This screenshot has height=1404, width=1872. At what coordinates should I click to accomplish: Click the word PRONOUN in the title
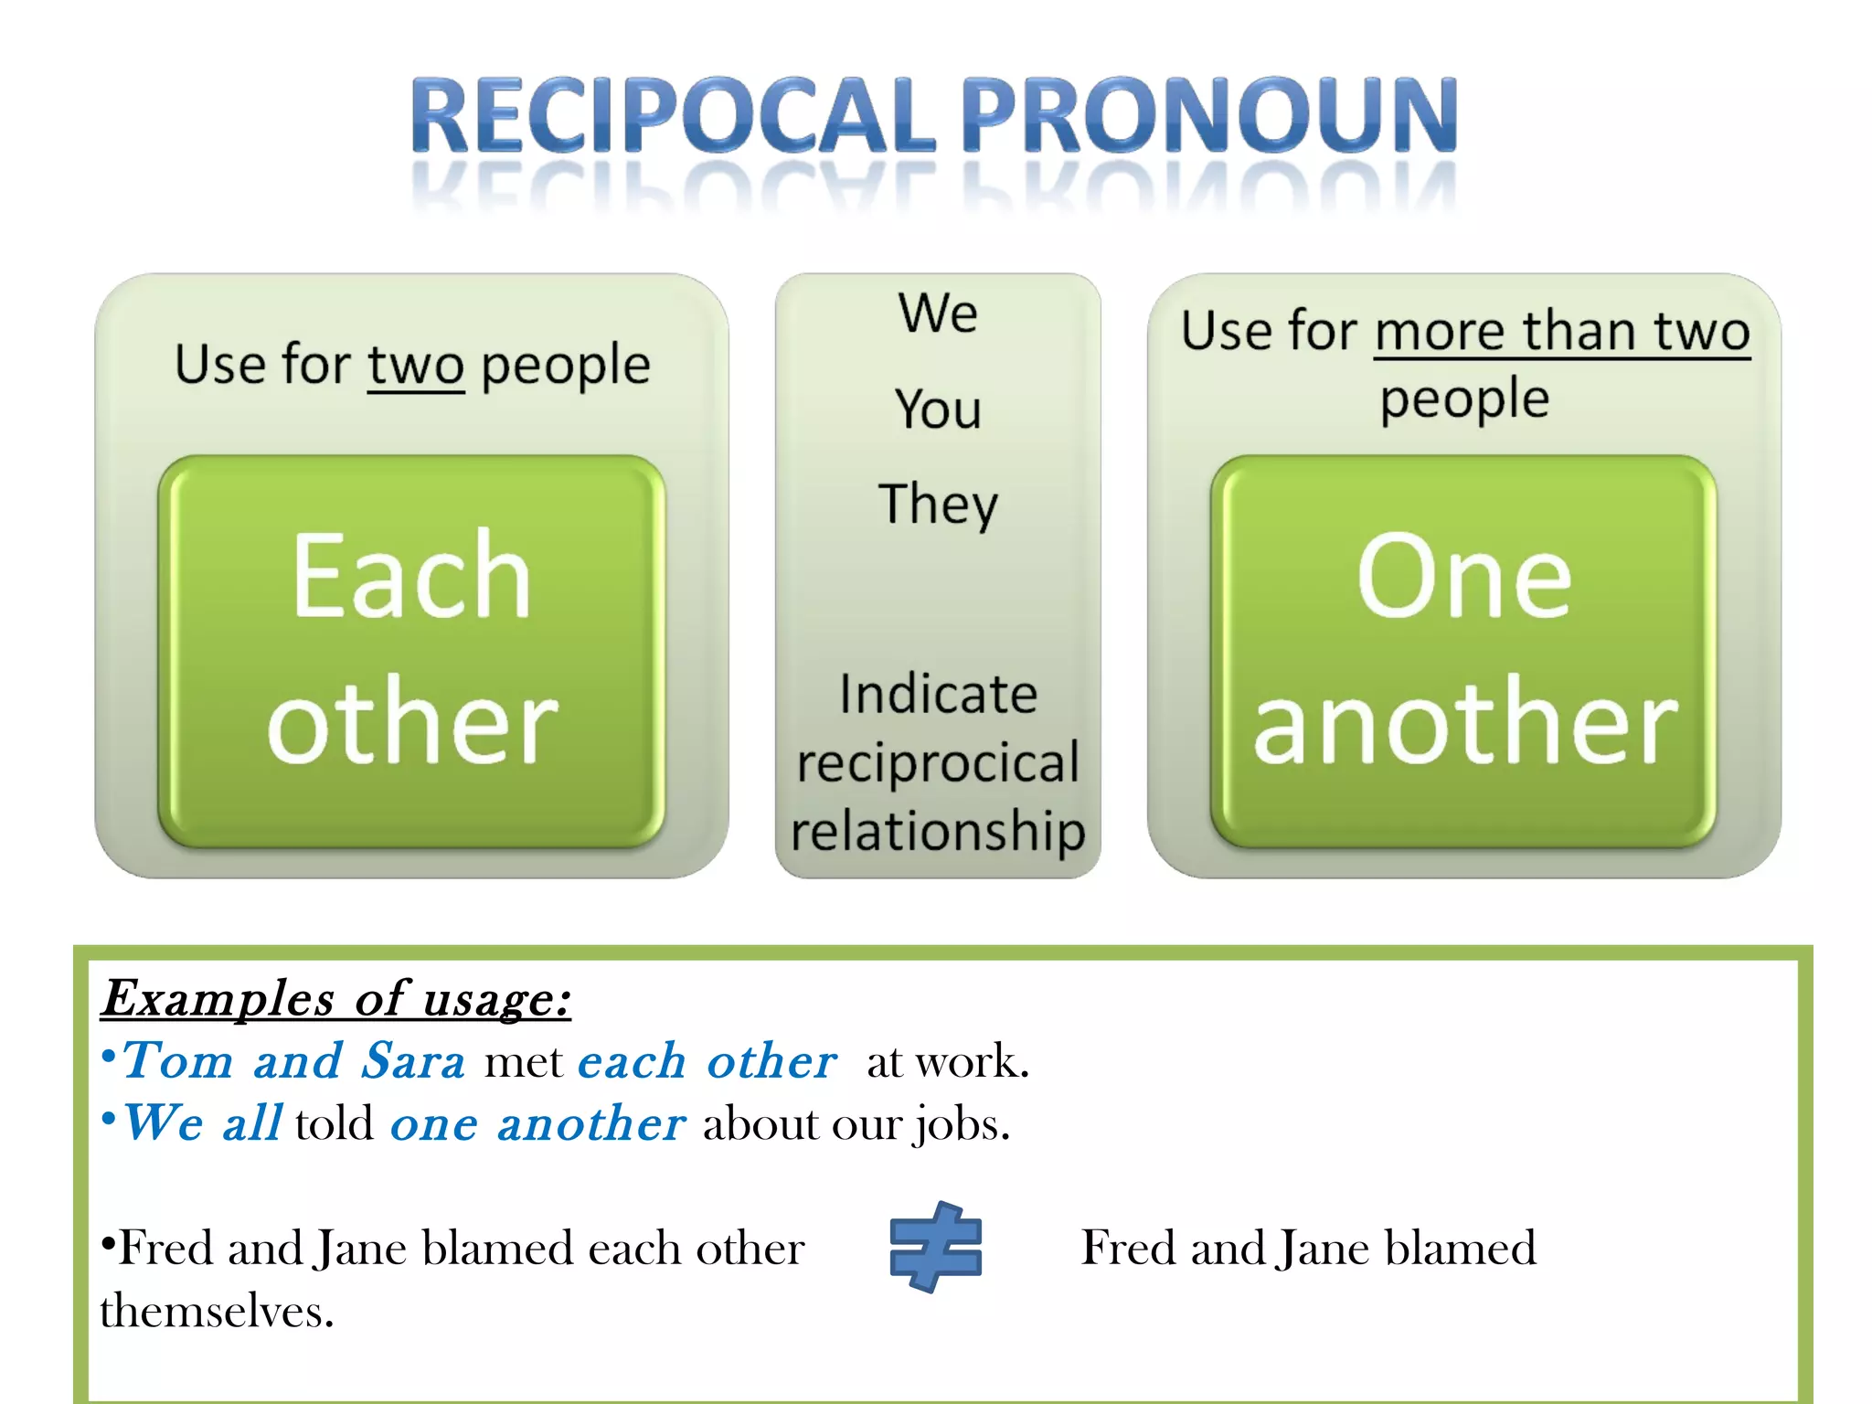click(x=1208, y=115)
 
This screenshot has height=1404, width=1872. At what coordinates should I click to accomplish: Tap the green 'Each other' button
click(x=411, y=651)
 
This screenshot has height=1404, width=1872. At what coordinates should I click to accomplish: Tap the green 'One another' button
click(x=1463, y=651)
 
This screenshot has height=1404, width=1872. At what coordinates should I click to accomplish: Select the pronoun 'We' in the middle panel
click(x=938, y=314)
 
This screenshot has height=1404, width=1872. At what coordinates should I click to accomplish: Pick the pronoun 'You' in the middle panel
click(x=938, y=409)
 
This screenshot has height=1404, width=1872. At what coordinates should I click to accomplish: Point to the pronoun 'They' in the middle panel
click(x=938, y=505)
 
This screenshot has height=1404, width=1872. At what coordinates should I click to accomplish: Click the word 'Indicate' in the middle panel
click(x=938, y=694)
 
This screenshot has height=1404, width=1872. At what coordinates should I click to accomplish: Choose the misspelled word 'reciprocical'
click(x=938, y=762)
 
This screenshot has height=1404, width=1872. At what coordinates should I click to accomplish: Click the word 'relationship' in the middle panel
click(x=938, y=830)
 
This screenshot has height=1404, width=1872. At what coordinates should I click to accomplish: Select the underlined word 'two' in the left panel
click(x=416, y=366)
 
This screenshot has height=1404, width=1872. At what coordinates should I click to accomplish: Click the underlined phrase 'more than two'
click(x=1561, y=331)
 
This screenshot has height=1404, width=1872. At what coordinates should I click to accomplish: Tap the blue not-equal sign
click(x=935, y=1247)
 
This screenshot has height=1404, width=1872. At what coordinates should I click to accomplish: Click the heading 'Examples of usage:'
click(x=335, y=998)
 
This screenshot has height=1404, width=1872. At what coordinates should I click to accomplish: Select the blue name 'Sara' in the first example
click(x=413, y=1061)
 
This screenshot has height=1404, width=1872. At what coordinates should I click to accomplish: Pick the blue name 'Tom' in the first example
click(x=177, y=1061)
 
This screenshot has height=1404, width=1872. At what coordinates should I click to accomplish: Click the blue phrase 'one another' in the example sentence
click(x=537, y=1123)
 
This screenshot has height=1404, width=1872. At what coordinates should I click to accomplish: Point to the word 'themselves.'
click(x=217, y=1311)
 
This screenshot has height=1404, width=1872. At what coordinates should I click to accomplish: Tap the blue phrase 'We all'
click(x=202, y=1123)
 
